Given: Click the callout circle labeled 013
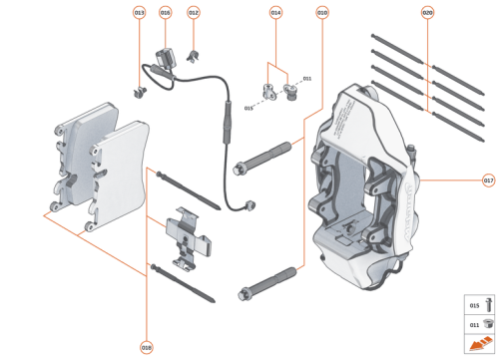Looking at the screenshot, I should point(139,13).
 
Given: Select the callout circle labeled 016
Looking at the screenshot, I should point(166,13).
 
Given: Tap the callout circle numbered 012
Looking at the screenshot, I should point(194,13).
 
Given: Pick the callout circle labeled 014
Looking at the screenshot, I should point(276,13).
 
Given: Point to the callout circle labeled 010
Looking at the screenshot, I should point(322,13).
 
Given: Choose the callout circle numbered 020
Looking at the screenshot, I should point(427,13).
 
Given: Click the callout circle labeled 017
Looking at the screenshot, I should point(488,180).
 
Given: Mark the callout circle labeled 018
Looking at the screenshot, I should point(147,347).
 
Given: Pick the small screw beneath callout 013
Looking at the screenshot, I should point(139,91).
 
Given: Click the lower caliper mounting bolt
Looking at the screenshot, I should point(269,280).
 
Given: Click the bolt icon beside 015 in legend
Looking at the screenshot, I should point(477,303).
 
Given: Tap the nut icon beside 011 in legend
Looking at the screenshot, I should point(477,323).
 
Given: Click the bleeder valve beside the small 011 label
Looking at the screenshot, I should point(292,95).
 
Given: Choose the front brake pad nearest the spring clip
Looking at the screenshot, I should point(117,170).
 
